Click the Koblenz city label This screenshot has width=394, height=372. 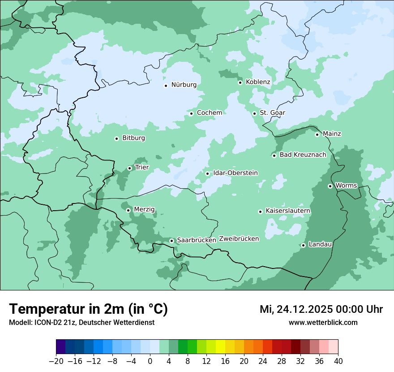pos(258,82)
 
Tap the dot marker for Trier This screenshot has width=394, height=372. pos(129,169)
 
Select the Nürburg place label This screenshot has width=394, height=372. pos(184,85)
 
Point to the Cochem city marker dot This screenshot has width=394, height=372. pos(191,113)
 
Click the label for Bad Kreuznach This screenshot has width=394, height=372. pos(303,155)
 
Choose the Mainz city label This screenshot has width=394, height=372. pos(332,134)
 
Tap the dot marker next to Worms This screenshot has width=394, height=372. pos(330,186)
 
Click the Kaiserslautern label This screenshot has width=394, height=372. pos(288,211)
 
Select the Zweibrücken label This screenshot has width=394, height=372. pos(239,239)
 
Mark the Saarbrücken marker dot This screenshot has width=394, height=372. pos(171,241)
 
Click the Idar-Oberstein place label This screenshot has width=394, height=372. pos(236,173)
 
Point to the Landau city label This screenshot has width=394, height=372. pos(320,245)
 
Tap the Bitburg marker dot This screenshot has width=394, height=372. pos(116,138)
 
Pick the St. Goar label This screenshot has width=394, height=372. pos(272,113)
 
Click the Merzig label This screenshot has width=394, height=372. pos(144,210)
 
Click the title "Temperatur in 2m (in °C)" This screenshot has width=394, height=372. pos(88,309)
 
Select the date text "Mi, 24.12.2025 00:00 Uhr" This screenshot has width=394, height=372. pos(321,309)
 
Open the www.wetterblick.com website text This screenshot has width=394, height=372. pos(323,323)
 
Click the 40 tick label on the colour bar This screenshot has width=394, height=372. pos(338,361)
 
